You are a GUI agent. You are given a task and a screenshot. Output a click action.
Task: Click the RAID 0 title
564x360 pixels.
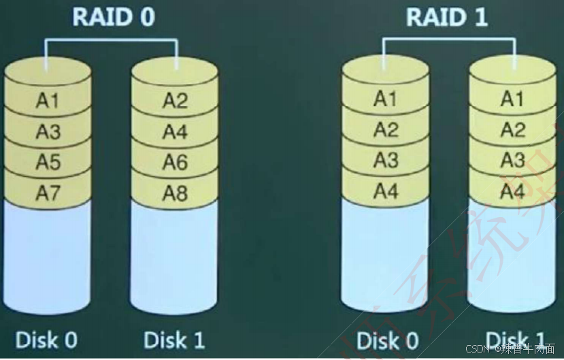tap(113, 17)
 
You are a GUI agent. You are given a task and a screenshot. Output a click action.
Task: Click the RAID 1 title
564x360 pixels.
tap(447, 17)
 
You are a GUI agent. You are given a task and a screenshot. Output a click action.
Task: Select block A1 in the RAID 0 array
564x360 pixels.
tap(48, 101)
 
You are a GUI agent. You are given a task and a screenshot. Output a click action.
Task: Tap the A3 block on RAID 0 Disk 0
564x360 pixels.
tap(48, 131)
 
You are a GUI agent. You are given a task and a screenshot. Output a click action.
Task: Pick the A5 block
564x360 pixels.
tap(48, 162)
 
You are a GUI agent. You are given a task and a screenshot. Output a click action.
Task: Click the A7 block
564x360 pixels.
tap(48, 193)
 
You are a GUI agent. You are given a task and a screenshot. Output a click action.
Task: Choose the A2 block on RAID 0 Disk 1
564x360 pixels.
tap(175, 101)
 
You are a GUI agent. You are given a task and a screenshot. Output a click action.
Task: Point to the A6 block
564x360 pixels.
tap(175, 162)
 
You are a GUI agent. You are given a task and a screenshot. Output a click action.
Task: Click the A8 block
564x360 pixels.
tap(175, 193)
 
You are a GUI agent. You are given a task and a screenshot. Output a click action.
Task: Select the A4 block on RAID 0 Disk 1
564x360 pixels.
tap(175, 131)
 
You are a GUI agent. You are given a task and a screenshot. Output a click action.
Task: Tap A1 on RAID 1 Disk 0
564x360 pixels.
tap(385, 99)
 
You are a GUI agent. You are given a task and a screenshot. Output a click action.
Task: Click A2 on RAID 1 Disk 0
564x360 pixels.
tap(385, 129)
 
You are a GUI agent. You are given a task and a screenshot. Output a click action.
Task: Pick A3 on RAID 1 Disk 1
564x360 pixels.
tap(512, 161)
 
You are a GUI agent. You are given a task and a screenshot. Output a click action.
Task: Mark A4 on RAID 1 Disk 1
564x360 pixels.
tap(512, 191)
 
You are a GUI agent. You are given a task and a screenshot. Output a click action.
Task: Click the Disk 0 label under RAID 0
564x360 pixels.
tap(46, 339)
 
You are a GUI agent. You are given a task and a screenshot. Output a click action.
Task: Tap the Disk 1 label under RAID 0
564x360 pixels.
tap(174, 339)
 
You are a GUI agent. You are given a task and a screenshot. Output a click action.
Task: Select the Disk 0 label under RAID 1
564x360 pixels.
tap(388, 340)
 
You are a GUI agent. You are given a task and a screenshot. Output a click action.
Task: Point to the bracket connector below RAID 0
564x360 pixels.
tap(112, 39)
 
